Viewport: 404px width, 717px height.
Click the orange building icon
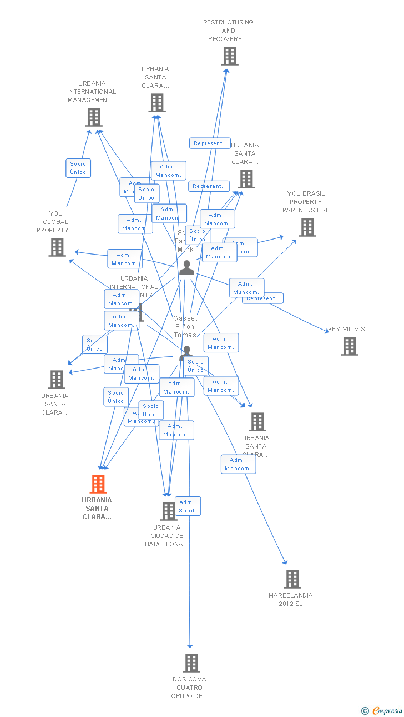(x=98, y=484)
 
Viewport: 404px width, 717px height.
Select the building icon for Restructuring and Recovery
(x=229, y=56)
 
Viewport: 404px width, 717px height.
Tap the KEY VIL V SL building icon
(x=349, y=346)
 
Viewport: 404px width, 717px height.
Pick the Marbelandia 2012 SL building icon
(x=292, y=579)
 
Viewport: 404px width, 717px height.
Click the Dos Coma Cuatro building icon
(x=191, y=663)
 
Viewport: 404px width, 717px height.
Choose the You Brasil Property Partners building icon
(x=307, y=227)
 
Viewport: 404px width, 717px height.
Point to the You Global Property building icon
(x=57, y=247)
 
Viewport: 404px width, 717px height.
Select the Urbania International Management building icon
(x=94, y=117)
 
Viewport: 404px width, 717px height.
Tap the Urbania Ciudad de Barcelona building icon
(x=168, y=511)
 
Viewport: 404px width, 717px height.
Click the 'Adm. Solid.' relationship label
(x=188, y=506)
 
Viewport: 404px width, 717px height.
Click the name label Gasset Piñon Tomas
(x=185, y=327)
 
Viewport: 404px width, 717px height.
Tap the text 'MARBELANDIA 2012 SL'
(x=291, y=599)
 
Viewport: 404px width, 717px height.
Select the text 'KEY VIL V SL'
(x=348, y=329)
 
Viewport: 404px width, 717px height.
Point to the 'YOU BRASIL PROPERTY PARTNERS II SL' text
(x=306, y=202)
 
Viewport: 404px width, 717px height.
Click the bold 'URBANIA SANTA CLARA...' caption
(x=97, y=508)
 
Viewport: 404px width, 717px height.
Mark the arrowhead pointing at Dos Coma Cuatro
(x=190, y=646)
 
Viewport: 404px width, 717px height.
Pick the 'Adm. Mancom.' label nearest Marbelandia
(x=238, y=464)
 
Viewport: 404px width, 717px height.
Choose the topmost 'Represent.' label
(x=210, y=143)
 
